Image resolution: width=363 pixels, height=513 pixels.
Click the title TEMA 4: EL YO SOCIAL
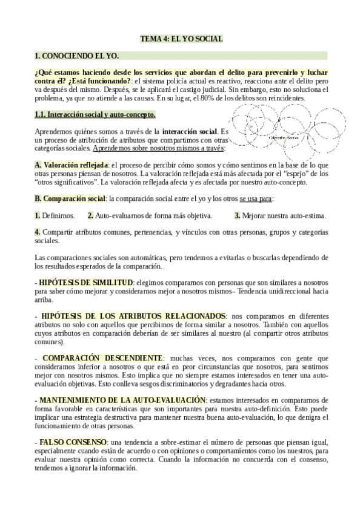click(181, 39)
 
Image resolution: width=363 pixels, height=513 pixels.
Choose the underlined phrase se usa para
click(256, 198)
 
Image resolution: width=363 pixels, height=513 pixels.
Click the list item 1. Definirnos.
click(55, 215)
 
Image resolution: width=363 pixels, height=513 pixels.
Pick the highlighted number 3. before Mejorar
click(238, 215)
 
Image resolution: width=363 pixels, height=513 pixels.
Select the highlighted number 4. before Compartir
click(38, 232)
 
